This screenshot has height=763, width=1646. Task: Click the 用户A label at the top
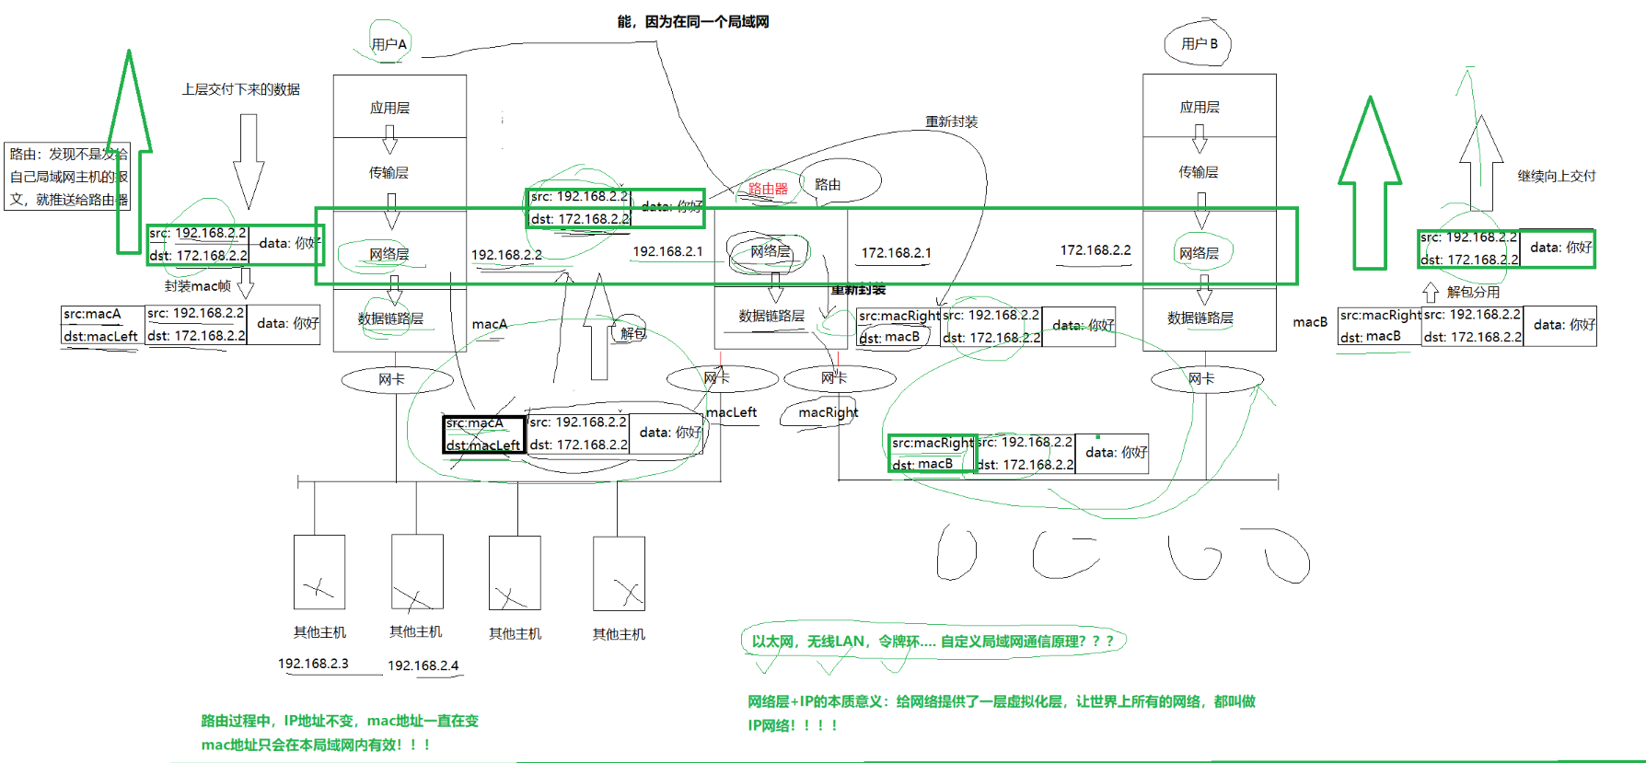388,44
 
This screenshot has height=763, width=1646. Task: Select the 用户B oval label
1199,44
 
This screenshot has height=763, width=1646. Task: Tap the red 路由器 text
768,189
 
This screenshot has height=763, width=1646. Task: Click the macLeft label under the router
732,412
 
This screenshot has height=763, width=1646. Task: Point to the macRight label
828,412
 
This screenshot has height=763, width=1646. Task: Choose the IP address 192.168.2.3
313,664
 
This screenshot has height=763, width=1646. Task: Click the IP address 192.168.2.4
423,665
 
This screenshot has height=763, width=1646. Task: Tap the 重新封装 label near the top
951,121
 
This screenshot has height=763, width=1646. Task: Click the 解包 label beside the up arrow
633,333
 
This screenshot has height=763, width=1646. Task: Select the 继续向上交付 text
1556,176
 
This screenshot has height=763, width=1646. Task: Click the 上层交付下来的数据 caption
240,89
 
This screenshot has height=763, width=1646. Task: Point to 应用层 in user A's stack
389,108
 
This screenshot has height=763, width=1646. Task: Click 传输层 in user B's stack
1199,172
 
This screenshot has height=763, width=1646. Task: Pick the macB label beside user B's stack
1310,322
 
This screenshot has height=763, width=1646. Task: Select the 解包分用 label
1473,292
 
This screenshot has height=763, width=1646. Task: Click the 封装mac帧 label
198,286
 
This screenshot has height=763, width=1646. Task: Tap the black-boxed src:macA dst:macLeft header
483,434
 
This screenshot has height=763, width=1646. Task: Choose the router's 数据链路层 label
771,316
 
